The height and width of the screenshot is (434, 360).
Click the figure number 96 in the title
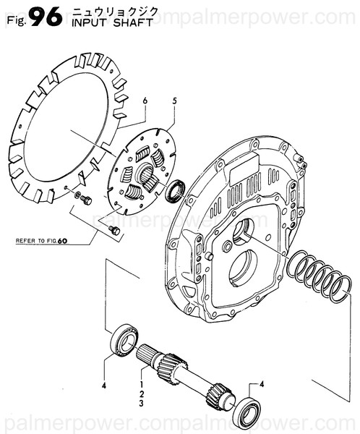(46, 17)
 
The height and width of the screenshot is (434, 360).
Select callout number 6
(145, 100)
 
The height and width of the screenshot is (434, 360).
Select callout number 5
(173, 100)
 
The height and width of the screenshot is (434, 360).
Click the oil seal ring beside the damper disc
(173, 192)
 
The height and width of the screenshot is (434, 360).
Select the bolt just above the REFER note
(113, 229)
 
